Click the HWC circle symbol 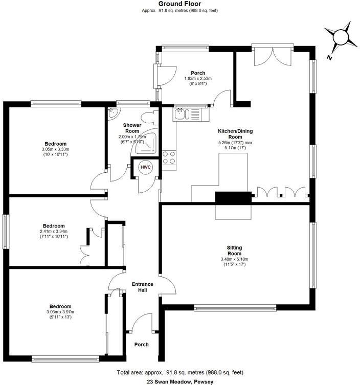[x=145, y=167]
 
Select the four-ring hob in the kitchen [x=169, y=157]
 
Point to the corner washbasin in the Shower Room [x=114, y=112]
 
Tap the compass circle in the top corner [x=341, y=37]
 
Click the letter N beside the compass [x=329, y=58]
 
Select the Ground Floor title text [x=180, y=4]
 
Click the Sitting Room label [x=234, y=251]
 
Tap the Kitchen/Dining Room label [x=235, y=134]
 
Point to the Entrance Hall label [x=143, y=287]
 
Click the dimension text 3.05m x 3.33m [x=56, y=149]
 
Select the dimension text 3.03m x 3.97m [x=60, y=312]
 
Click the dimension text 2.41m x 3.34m [x=54, y=231]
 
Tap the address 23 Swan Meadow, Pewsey [x=180, y=382]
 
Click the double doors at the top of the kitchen [x=273, y=55]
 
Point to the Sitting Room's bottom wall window [x=235, y=308]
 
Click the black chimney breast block [x=233, y=197]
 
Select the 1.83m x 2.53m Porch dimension [x=198, y=79]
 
